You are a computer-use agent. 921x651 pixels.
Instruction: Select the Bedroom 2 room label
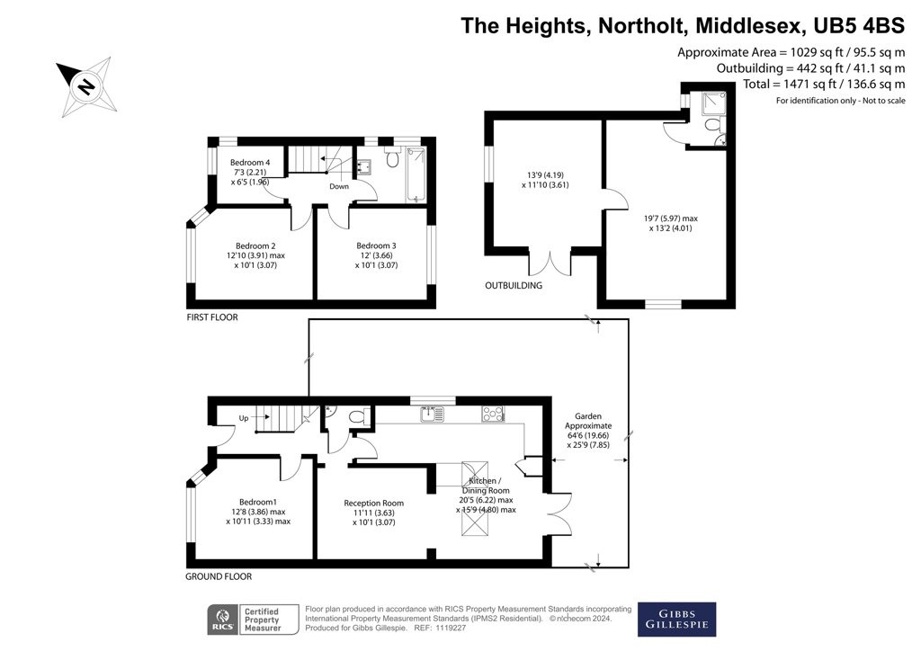pyautogui.click(x=255, y=245)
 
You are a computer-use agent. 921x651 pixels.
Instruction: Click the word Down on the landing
pyautogui.click(x=339, y=187)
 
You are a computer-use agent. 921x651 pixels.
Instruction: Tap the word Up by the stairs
pyautogui.click(x=243, y=417)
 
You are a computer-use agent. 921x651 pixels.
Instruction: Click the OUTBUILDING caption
pyautogui.click(x=515, y=286)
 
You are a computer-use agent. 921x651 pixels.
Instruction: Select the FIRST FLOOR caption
pyautogui.click(x=212, y=317)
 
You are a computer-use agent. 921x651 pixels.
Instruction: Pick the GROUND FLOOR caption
pyautogui.click(x=219, y=576)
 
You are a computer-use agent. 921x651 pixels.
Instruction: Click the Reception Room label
pyautogui.click(x=374, y=503)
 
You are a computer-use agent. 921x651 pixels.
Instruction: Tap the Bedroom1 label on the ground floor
pyautogui.click(x=258, y=502)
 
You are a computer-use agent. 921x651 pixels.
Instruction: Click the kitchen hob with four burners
pyautogui.click(x=494, y=415)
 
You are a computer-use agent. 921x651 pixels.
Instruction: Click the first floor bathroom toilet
pyautogui.click(x=392, y=161)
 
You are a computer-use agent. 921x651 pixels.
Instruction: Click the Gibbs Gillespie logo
pyautogui.click(x=676, y=619)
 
